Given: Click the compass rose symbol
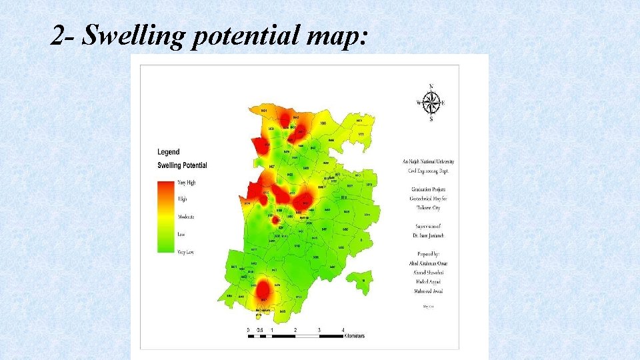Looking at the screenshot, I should (x=431, y=103).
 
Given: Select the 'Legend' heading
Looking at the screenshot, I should (x=168, y=152).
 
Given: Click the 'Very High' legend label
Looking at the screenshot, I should (x=186, y=183).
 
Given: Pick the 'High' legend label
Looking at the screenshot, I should (x=182, y=199).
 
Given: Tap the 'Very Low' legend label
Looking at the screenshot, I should (x=186, y=251).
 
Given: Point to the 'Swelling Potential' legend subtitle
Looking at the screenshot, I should (x=182, y=165).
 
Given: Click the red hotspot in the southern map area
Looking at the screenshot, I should (x=263, y=290).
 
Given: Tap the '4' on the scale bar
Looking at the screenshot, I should (x=343, y=330).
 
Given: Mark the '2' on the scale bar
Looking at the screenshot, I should (x=295, y=330).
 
